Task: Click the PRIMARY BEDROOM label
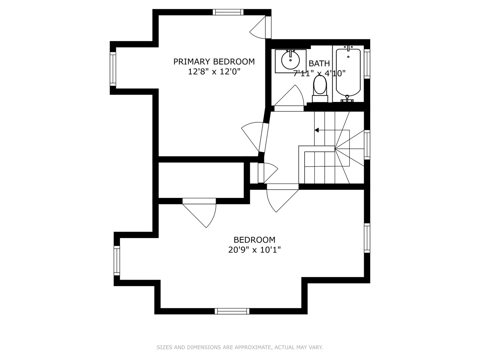214,62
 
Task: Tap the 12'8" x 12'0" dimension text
214,72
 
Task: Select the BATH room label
319,63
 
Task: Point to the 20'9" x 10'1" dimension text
254,250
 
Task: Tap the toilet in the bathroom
320,86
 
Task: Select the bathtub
348,72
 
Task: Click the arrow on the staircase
317,130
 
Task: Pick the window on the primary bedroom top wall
228,12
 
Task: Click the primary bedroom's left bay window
113,69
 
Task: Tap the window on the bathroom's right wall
367,64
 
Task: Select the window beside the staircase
367,144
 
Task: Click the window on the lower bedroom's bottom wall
232,311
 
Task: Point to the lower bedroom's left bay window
117,261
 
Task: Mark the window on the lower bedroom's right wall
367,238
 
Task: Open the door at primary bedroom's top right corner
260,28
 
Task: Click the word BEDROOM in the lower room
254,240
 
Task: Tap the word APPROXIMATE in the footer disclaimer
252,347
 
